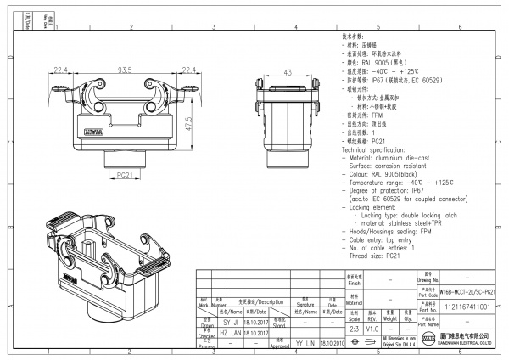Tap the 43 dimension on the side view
288,70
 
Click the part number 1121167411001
466,305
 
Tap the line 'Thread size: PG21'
373,255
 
